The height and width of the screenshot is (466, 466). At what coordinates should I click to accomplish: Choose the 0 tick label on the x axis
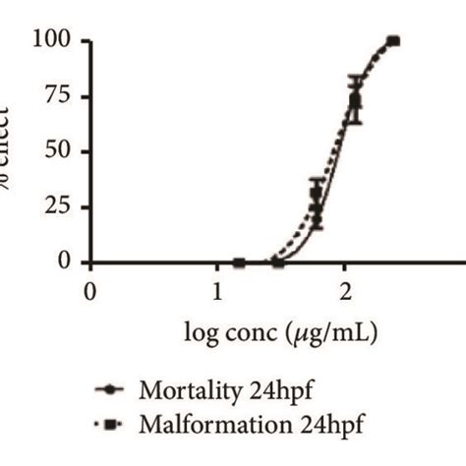point(90,291)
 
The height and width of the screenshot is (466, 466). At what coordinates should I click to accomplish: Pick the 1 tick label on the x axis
point(217,291)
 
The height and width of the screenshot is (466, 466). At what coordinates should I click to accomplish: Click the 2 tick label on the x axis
point(345,291)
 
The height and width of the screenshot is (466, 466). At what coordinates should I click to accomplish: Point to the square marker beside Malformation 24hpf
point(111,426)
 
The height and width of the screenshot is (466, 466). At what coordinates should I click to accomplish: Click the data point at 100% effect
point(393,41)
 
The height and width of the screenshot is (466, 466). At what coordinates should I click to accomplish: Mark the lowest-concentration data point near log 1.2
point(239,262)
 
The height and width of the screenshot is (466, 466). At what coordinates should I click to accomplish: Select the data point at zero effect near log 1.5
point(278,262)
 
